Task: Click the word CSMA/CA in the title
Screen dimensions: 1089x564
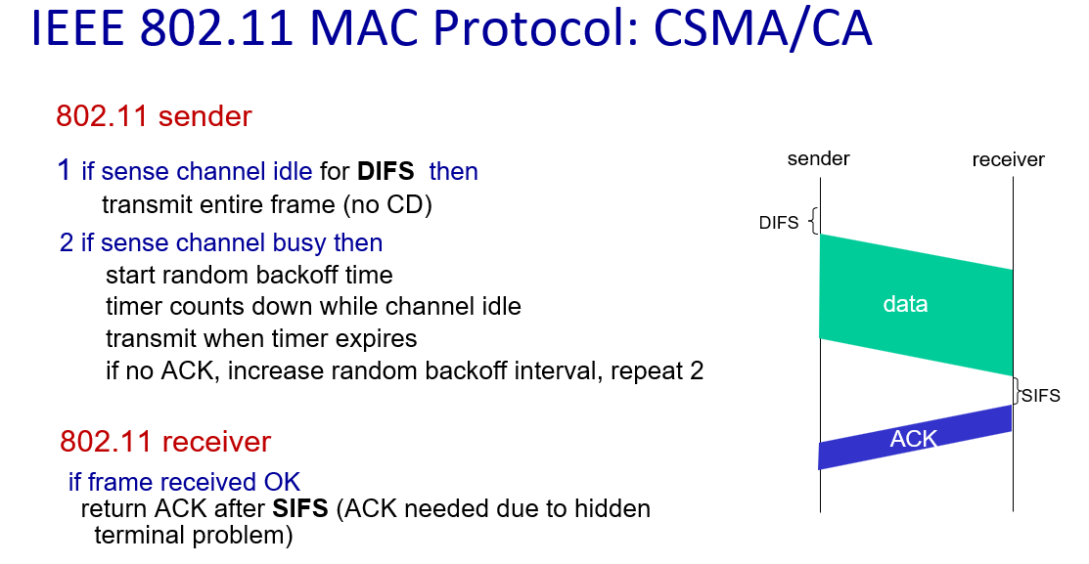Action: [762, 29]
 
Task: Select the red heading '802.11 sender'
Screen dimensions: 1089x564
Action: [154, 116]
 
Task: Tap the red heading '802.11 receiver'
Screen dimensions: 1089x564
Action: [165, 441]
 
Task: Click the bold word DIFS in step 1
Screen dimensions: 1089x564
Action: [386, 171]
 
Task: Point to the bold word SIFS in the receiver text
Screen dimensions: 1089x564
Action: [300, 508]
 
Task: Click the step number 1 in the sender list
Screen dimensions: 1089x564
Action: [64, 170]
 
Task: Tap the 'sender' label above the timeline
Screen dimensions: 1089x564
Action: [818, 159]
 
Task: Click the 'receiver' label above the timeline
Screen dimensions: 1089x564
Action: [1008, 159]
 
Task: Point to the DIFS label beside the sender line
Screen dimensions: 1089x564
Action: [779, 223]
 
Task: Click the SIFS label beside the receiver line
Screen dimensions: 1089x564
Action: [1041, 396]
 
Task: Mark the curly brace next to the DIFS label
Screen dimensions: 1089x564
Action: [814, 221]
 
